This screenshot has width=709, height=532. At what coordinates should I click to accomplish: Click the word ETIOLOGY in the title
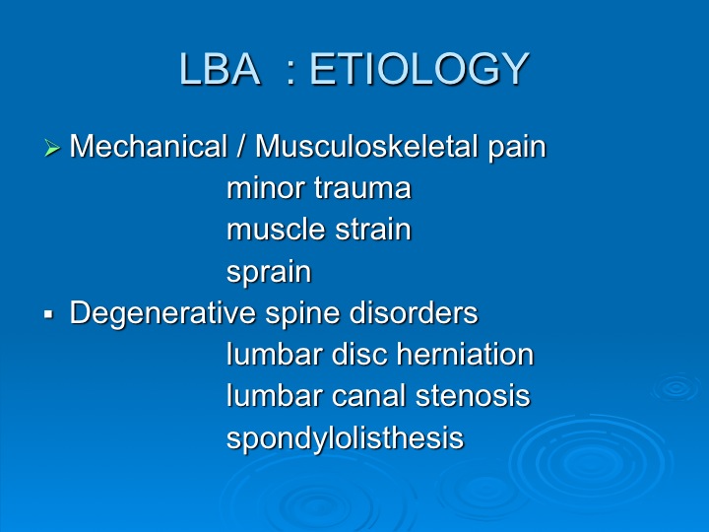tap(419, 68)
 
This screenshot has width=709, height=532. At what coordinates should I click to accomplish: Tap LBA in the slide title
tap(220, 68)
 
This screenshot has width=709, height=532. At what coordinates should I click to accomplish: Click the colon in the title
tap(290, 73)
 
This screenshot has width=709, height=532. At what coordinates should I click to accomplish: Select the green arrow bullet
tap(52, 148)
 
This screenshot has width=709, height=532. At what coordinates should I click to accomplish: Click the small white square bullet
tap(49, 313)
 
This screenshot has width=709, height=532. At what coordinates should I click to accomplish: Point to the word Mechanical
tap(148, 146)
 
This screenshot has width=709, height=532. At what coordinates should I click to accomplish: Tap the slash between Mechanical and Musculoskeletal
tap(241, 146)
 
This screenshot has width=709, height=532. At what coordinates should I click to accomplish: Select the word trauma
tap(362, 188)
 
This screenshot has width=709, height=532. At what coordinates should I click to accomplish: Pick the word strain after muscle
tap(373, 230)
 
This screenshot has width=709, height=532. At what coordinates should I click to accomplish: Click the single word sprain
tap(269, 272)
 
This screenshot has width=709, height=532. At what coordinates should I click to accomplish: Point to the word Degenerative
tap(162, 313)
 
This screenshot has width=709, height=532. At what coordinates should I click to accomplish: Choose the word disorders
tap(414, 312)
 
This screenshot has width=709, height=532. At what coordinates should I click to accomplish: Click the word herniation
tap(465, 355)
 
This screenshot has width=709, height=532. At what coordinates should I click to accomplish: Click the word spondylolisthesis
tap(345, 437)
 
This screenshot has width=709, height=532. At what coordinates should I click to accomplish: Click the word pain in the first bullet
tap(517, 148)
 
